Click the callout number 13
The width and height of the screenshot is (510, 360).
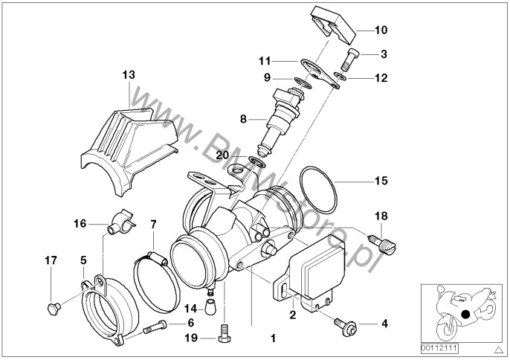click(129, 74)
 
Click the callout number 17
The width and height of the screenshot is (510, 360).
click(51, 260)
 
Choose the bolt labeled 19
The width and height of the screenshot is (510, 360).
click(222, 332)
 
